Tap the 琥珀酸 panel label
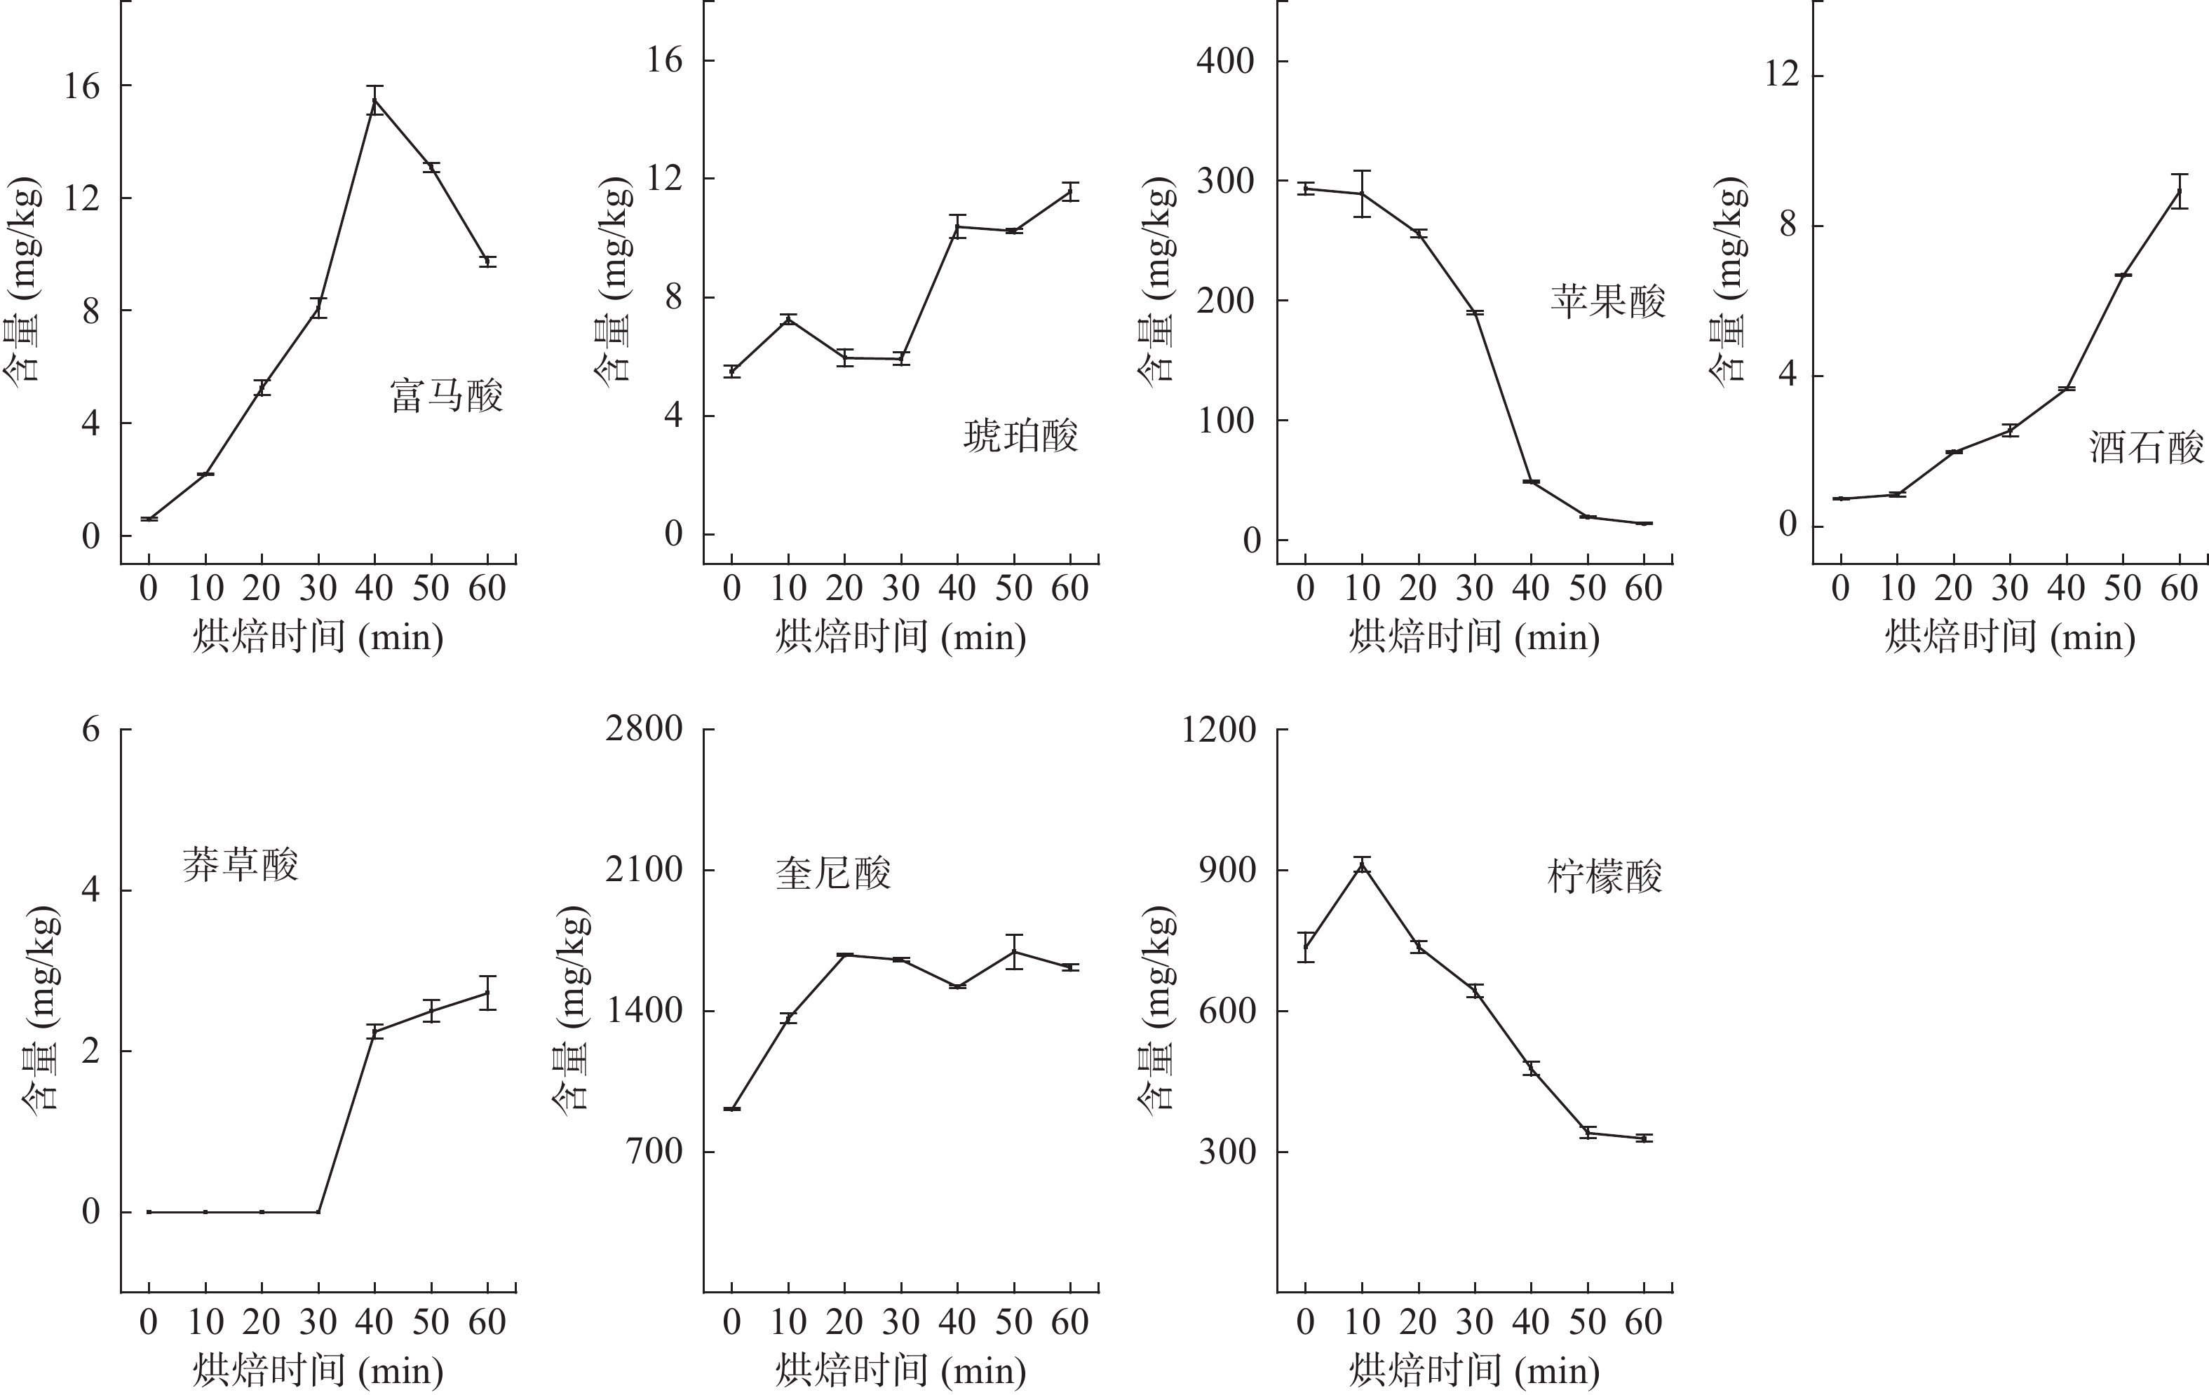(x=1020, y=437)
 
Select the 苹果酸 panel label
(x=1607, y=301)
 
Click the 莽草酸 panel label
(x=241, y=864)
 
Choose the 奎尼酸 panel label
(x=833, y=873)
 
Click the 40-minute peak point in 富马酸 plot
(x=375, y=101)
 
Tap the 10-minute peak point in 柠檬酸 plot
(x=1363, y=865)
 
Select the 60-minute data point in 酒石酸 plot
(x=2180, y=191)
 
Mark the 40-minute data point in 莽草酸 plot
(x=375, y=1032)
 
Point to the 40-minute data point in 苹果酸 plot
(x=1531, y=482)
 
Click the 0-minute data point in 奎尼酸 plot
(x=731, y=1109)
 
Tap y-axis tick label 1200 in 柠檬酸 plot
(x=1218, y=729)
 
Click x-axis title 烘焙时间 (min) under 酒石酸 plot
(x=2010, y=637)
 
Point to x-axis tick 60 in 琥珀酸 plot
(x=1069, y=588)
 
